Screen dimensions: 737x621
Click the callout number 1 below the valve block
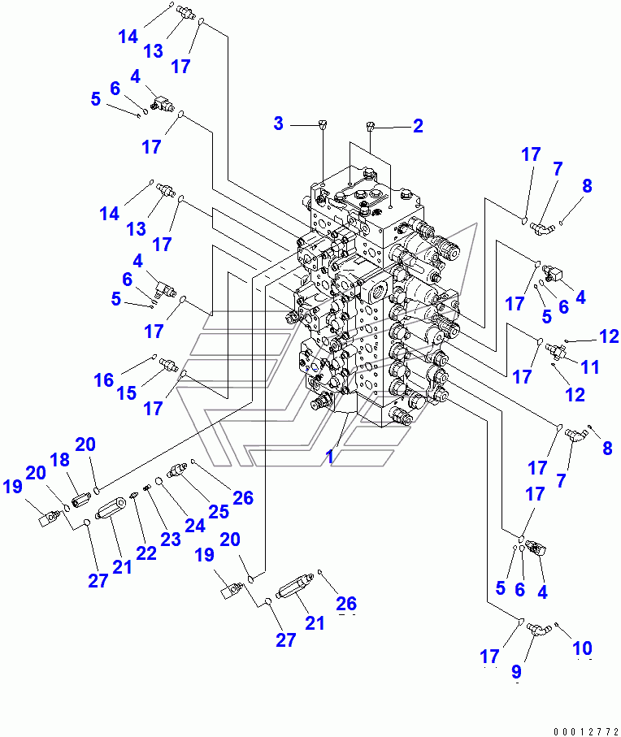pos(330,457)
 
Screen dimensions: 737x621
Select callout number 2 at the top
pos(418,126)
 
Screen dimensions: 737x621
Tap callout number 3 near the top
pos(279,124)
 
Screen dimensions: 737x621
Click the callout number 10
pos(582,648)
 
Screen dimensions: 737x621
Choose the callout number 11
pos(590,367)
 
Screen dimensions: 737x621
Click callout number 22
pos(145,553)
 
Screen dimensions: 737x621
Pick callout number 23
pos(170,540)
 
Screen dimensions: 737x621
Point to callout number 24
pos(193,525)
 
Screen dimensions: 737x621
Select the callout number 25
pos(218,512)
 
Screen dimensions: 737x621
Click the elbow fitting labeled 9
pos(537,628)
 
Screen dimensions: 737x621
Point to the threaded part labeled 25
pos(176,471)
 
